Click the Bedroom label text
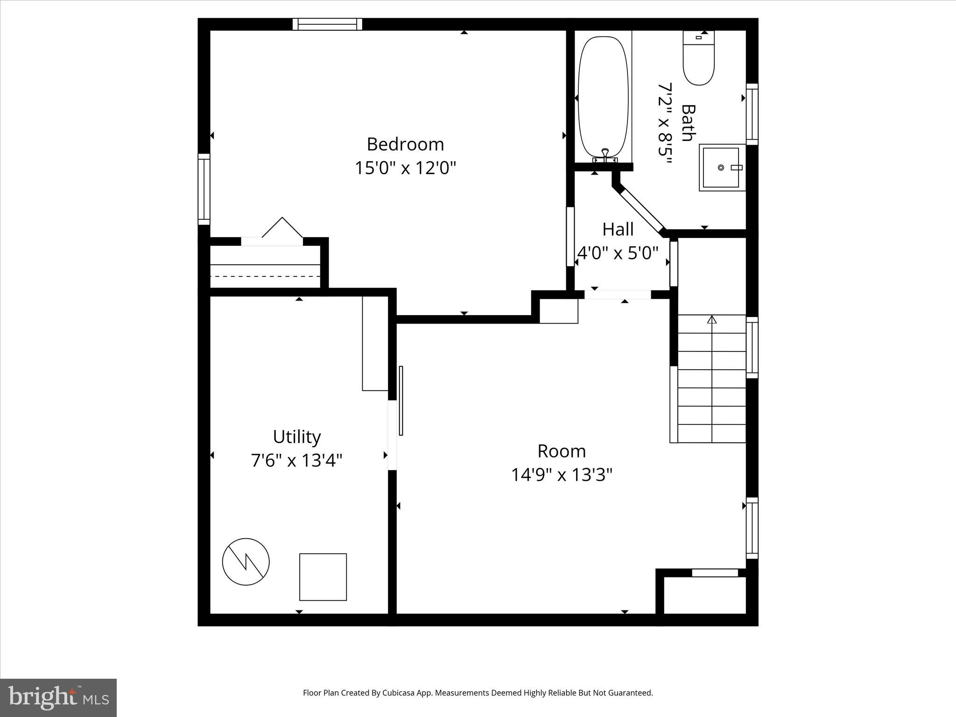pyautogui.click(x=405, y=144)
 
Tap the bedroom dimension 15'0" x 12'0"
pyautogui.click(x=405, y=168)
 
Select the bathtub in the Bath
pyautogui.click(x=603, y=97)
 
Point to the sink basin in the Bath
pyautogui.click(x=721, y=167)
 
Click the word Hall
pyautogui.click(x=618, y=229)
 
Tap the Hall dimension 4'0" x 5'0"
pyautogui.click(x=618, y=253)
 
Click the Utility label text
pyautogui.click(x=297, y=437)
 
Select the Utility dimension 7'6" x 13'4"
pyautogui.click(x=297, y=461)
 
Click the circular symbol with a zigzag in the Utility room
pyautogui.click(x=246, y=562)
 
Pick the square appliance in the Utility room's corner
pyautogui.click(x=323, y=577)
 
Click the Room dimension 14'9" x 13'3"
pyautogui.click(x=562, y=475)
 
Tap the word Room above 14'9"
pyautogui.click(x=562, y=451)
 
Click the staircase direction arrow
pyautogui.click(x=712, y=320)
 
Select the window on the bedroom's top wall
pyautogui.click(x=327, y=24)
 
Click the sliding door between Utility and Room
pyautogui.click(x=401, y=401)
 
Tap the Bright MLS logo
pyautogui.click(x=58, y=697)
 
